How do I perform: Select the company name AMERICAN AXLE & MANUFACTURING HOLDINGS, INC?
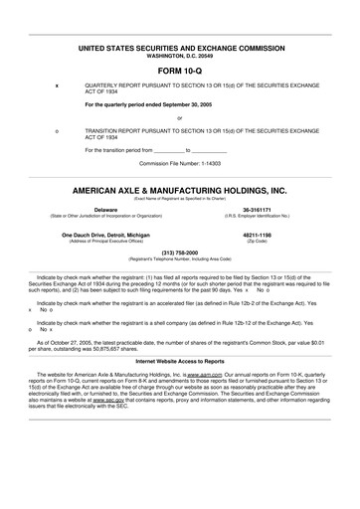pos(179,189)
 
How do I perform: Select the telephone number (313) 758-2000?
pos(180,253)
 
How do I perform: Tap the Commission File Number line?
pos(180,161)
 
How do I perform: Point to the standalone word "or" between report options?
pos(179,118)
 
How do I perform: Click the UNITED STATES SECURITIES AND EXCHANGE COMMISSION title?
pos(179,47)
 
